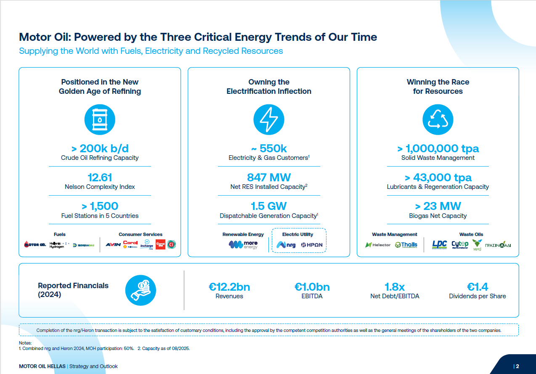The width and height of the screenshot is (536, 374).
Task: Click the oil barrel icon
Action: tap(100, 119)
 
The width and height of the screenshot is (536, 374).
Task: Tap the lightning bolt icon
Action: tap(269, 119)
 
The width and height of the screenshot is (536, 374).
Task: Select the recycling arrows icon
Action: tap(438, 119)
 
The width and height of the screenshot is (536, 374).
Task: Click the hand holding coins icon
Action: tap(141, 290)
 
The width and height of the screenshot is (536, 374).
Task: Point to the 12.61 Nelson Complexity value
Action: tap(100, 178)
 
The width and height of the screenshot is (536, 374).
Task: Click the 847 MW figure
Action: tap(269, 178)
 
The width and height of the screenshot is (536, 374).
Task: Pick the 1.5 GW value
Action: tap(269, 206)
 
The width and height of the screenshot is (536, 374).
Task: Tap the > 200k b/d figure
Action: tap(100, 149)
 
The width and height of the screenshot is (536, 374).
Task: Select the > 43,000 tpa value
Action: tap(438, 178)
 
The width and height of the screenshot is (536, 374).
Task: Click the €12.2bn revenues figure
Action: tap(229, 287)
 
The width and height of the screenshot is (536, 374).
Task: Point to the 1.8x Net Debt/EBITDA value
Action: tap(395, 287)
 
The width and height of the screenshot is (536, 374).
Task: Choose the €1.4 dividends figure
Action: tap(478, 287)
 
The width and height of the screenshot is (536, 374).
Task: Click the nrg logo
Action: tap(286, 244)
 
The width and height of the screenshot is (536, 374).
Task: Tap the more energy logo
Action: tap(243, 244)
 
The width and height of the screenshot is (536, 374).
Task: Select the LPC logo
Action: tap(440, 244)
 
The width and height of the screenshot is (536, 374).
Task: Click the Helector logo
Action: tap(378, 245)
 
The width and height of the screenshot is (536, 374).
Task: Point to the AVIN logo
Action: tap(113, 244)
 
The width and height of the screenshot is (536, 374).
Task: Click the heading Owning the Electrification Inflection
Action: tap(269, 87)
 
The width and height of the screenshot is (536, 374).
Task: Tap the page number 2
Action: tap(517, 366)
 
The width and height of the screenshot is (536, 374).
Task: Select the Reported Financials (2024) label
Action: tap(73, 290)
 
